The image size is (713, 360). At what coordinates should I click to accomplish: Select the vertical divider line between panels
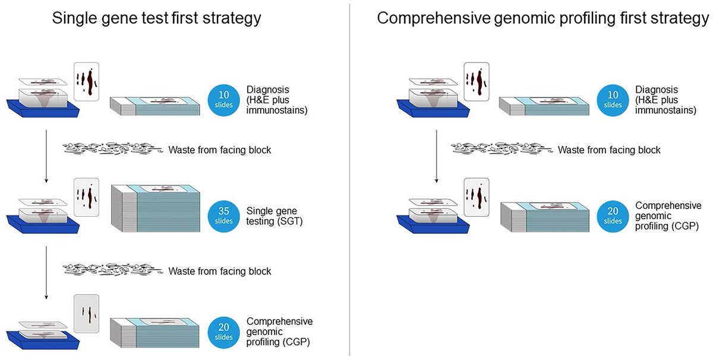[x=350, y=178]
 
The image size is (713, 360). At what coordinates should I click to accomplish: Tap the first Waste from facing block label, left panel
[x=220, y=150]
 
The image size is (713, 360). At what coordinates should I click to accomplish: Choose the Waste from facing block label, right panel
[x=608, y=150]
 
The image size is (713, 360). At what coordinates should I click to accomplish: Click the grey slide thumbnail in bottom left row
[x=86, y=314]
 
